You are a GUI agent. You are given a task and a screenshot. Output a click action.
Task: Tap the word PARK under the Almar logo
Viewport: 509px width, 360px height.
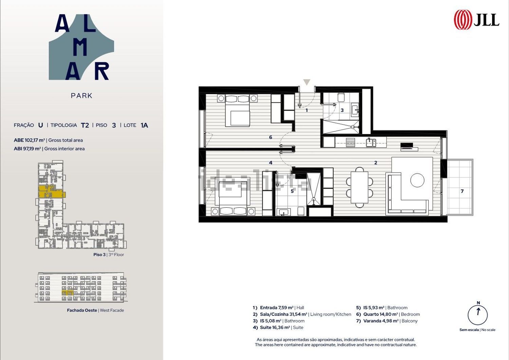click(81, 96)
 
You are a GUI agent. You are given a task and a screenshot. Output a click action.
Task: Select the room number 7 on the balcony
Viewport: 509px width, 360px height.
click(462, 191)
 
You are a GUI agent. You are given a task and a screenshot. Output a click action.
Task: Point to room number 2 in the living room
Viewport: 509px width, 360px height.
click(376, 163)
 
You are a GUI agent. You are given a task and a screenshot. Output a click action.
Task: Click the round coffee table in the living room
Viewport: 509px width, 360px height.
click(417, 180)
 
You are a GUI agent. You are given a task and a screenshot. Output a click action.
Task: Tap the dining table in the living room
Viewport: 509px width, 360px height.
click(359, 187)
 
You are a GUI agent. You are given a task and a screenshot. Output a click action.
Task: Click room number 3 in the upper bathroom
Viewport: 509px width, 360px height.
click(342, 110)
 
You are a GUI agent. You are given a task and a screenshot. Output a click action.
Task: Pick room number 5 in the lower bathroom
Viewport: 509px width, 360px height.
click(292, 191)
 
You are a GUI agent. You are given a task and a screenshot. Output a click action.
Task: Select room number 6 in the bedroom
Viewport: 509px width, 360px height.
click(270, 137)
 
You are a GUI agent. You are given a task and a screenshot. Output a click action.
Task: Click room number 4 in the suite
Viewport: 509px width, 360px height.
click(270, 163)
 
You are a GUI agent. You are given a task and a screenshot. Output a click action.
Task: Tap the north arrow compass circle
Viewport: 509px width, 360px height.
click(478, 315)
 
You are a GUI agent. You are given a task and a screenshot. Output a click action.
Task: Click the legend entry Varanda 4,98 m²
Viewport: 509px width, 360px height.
click(381, 321)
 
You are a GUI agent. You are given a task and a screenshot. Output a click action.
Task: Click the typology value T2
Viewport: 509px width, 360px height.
click(85, 125)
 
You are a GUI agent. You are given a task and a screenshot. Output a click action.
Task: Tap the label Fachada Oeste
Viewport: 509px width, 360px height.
click(82, 310)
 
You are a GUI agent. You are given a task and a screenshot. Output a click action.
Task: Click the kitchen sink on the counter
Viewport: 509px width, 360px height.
click(371, 143)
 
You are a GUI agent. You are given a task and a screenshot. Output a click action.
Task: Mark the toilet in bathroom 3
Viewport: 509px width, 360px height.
click(341, 97)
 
